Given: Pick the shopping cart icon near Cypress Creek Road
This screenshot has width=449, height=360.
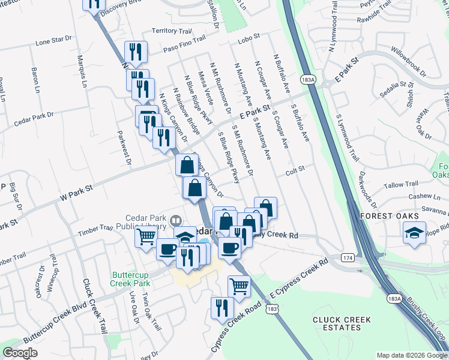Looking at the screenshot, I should click(239, 287).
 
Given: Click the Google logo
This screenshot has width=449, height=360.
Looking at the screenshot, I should click(20, 353).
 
